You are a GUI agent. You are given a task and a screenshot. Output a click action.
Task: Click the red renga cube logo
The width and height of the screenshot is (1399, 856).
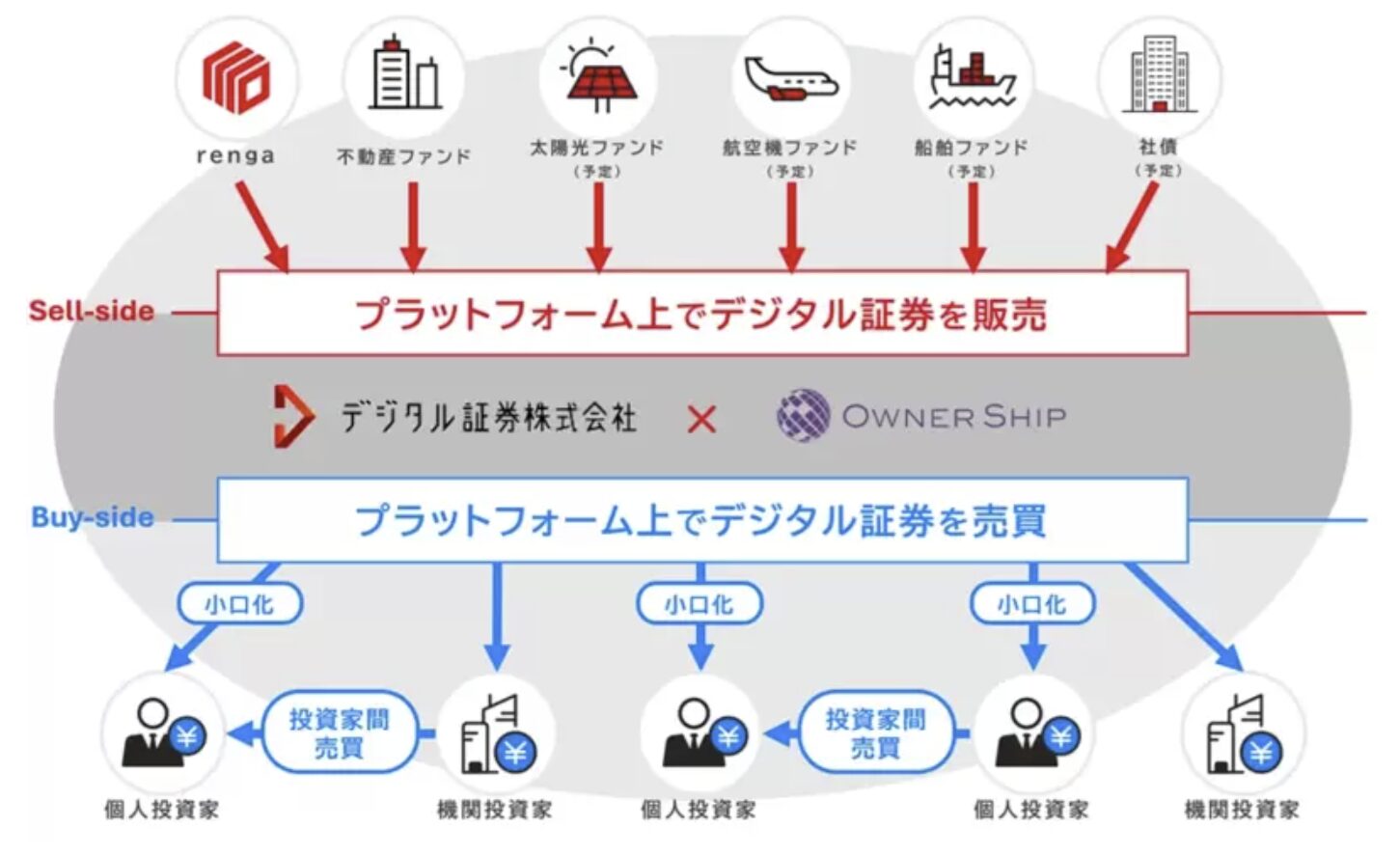(235, 76)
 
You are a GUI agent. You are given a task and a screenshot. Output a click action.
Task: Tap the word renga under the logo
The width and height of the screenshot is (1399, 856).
(235, 155)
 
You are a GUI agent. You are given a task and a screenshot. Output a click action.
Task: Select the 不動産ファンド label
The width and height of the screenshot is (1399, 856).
(403, 156)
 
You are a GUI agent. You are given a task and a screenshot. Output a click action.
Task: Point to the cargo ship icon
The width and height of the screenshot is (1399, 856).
(972, 76)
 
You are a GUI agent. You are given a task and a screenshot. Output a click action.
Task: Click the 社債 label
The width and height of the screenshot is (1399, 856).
(1158, 147)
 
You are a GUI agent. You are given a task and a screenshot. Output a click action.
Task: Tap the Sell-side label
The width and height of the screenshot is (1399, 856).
(92, 311)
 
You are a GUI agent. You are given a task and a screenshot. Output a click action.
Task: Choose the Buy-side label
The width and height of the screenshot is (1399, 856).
(93, 517)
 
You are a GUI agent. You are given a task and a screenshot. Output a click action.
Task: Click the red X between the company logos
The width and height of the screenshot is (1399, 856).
(701, 419)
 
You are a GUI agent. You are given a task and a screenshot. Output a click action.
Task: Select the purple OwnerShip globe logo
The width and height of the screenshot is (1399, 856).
(803, 416)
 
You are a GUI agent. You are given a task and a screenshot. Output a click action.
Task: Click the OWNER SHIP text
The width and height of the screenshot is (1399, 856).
(954, 417)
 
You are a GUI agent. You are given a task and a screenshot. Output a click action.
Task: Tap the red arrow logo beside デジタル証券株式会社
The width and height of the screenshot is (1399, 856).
(292, 416)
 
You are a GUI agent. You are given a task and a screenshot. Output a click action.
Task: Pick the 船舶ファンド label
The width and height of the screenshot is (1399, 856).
(971, 148)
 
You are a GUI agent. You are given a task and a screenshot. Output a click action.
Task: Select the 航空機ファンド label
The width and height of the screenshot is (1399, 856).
(789, 148)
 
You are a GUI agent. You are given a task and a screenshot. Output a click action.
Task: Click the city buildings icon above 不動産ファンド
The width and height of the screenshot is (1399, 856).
(403, 74)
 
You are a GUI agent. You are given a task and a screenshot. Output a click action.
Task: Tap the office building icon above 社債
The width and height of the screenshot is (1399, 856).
(1159, 74)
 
